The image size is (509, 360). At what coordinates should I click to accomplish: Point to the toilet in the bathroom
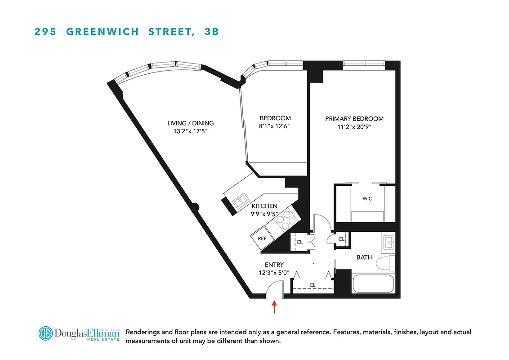384,262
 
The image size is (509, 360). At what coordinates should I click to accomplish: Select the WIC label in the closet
367,198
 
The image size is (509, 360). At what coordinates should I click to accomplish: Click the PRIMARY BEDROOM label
354,119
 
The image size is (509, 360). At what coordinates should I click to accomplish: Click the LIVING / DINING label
190,123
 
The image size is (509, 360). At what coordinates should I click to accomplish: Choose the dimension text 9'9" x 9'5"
265,214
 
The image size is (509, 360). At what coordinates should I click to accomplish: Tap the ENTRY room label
274,265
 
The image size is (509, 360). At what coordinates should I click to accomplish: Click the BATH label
364,257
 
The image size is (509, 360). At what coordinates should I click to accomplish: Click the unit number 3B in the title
211,32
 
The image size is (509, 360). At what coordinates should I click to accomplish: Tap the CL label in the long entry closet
313,285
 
